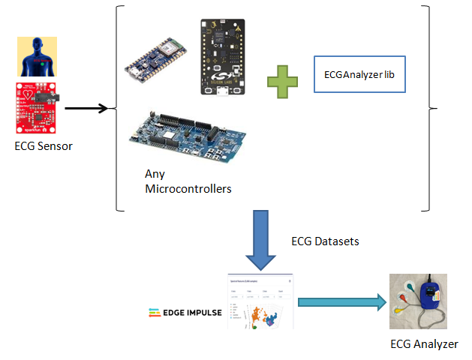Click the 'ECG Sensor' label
44,146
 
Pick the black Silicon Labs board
224,57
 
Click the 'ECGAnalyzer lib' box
359,75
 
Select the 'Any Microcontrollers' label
188,181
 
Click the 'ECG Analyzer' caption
424,344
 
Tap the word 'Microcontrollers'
188,188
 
